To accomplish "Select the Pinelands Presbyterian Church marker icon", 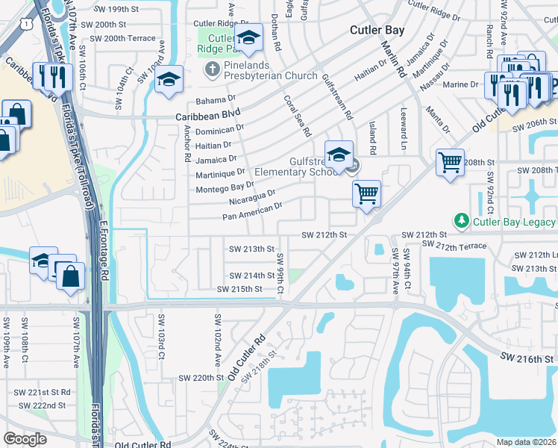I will pos(211,69).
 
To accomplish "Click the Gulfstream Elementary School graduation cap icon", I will pos(339,155).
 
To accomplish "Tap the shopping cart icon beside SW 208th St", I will pos(450,162).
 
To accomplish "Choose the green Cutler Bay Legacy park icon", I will pos(461,221).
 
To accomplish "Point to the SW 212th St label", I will pos(325,234).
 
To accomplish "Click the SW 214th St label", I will pos(251,276).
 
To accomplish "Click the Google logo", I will pos(25,439).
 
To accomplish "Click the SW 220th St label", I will pos(189,378).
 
